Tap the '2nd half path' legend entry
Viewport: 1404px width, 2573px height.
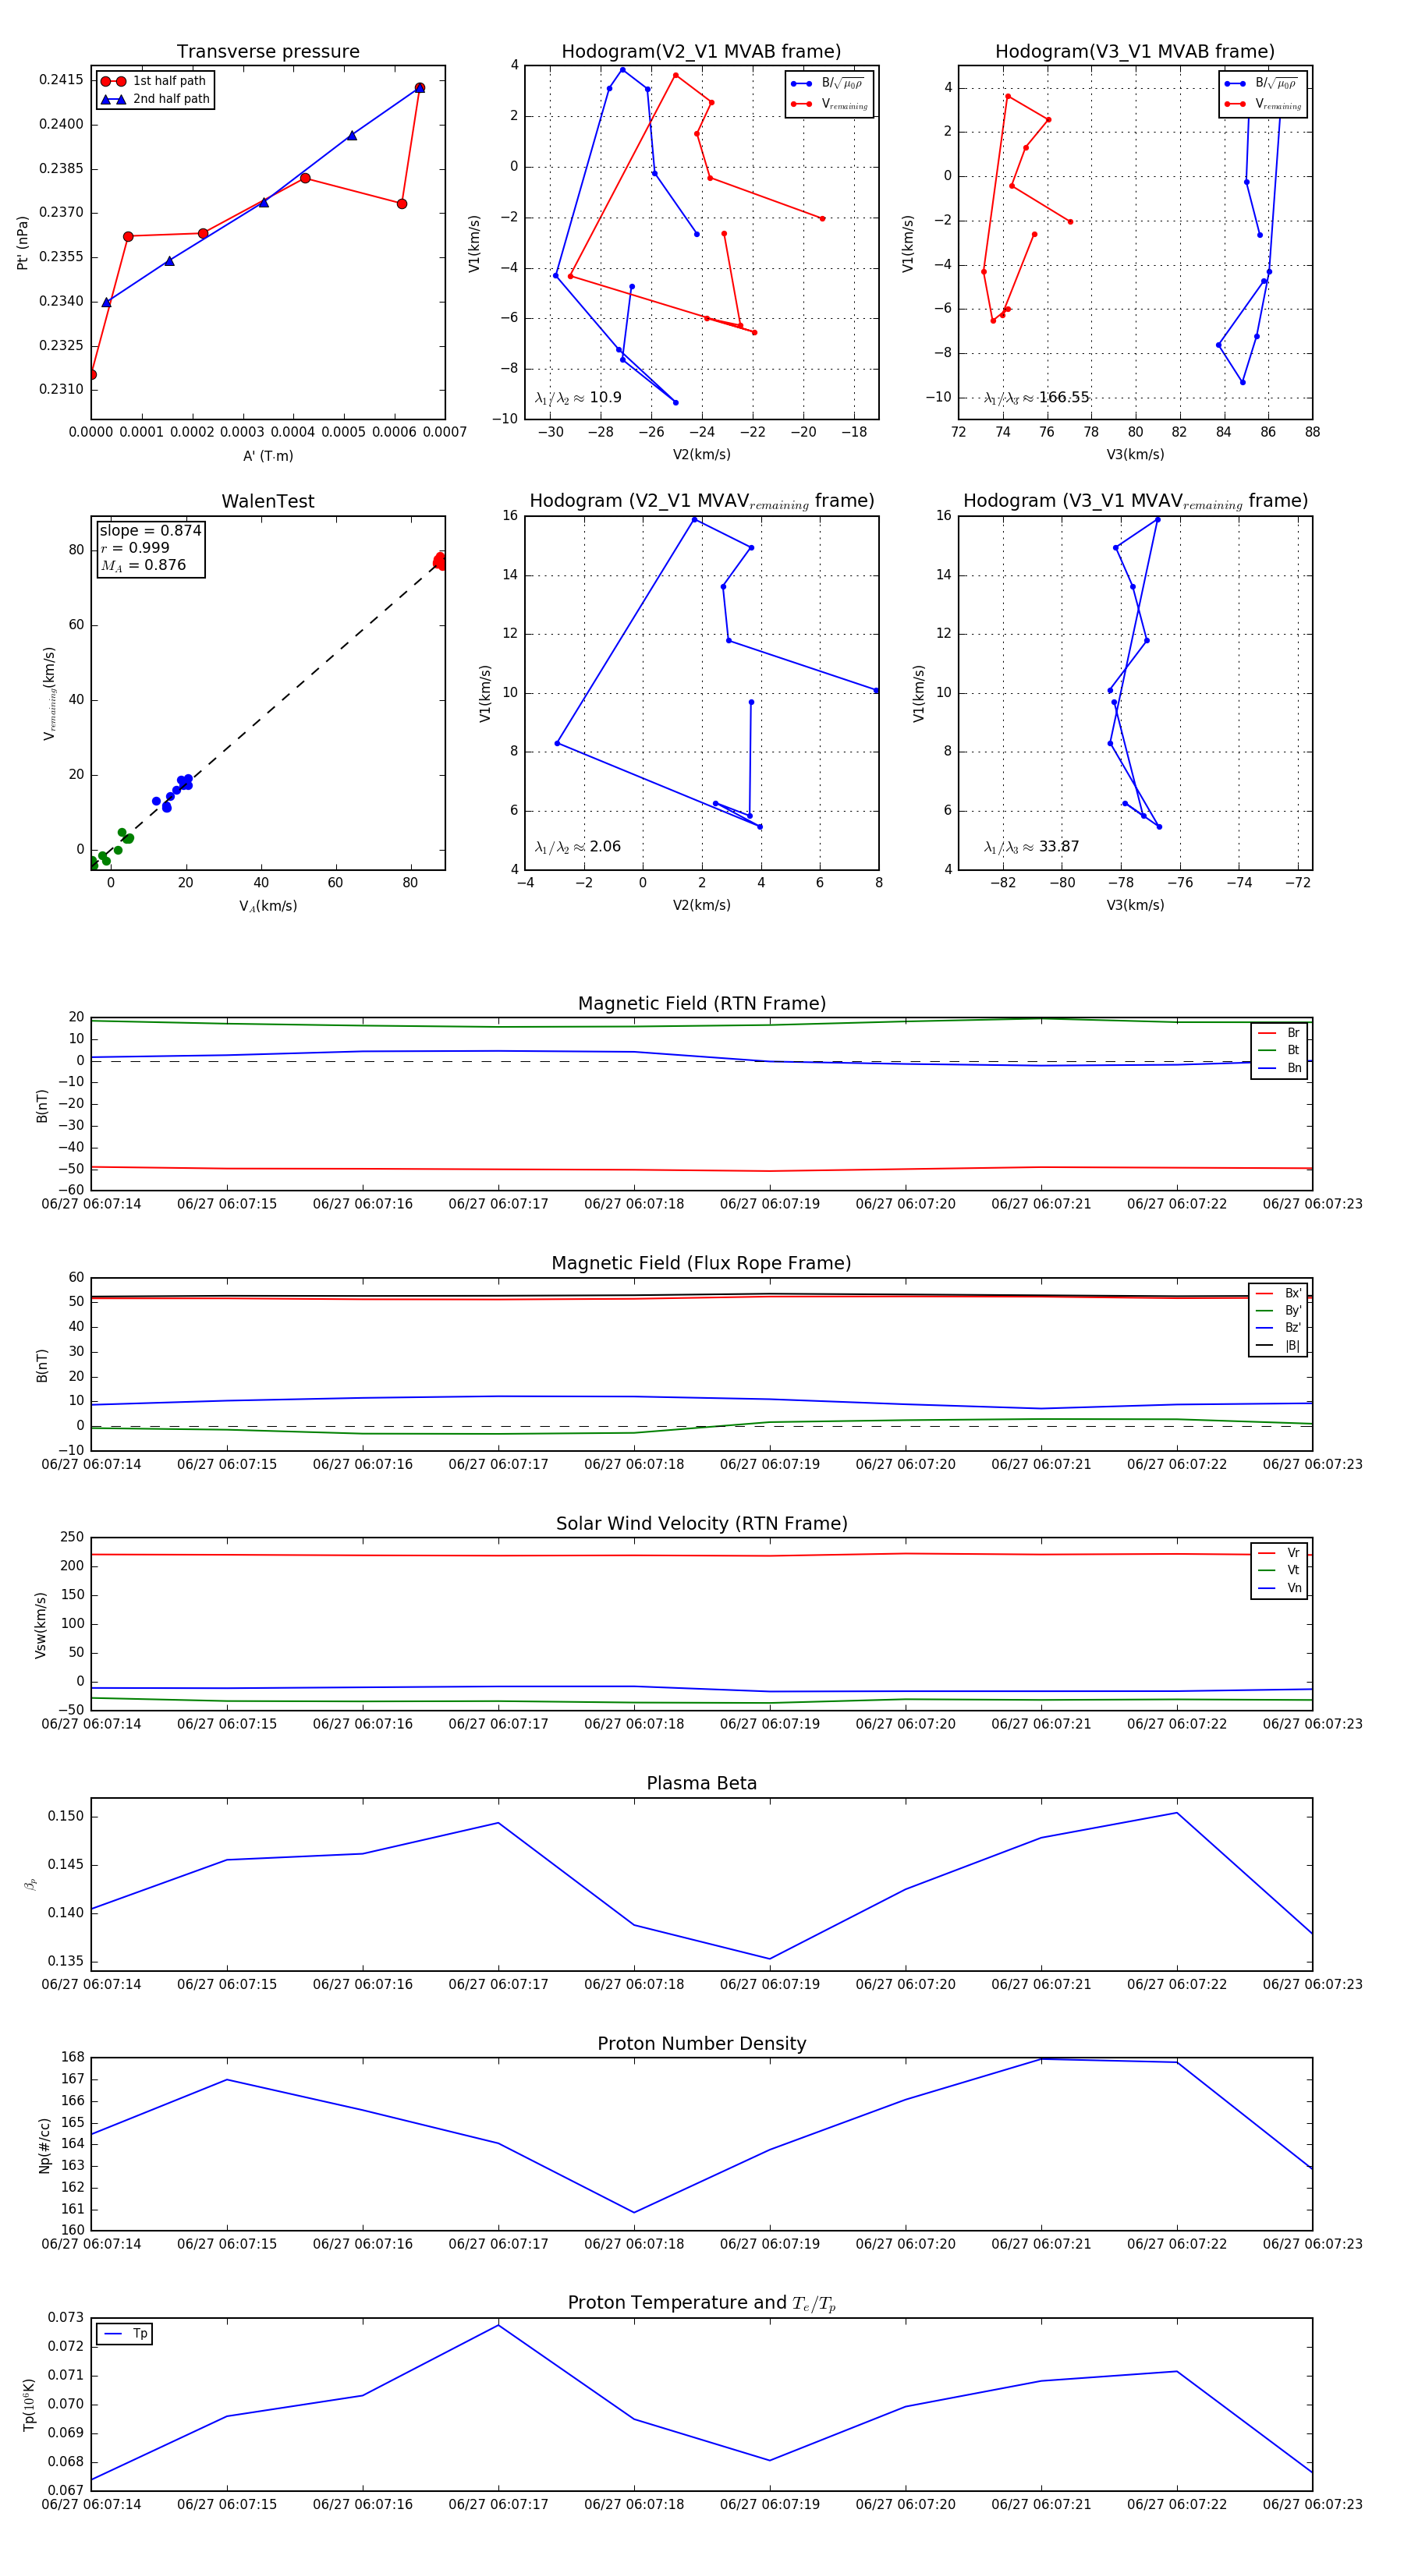click(171, 99)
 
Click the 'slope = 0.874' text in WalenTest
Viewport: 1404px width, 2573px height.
click(150, 530)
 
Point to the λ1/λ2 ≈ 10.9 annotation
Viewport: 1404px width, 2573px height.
click(577, 398)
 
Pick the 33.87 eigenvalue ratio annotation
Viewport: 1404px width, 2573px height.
click(1031, 847)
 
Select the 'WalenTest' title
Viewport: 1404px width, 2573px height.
click(268, 501)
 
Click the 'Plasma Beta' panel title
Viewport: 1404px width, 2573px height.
click(701, 1783)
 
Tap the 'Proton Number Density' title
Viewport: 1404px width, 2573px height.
click(701, 2043)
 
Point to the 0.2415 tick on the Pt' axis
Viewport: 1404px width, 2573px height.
click(61, 80)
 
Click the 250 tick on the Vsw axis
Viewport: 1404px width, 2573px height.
click(73, 1538)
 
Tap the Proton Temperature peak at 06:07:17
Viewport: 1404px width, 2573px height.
click(498, 2324)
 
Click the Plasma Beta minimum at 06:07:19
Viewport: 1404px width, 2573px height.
click(769, 1959)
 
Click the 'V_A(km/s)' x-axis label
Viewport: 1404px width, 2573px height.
click(268, 906)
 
